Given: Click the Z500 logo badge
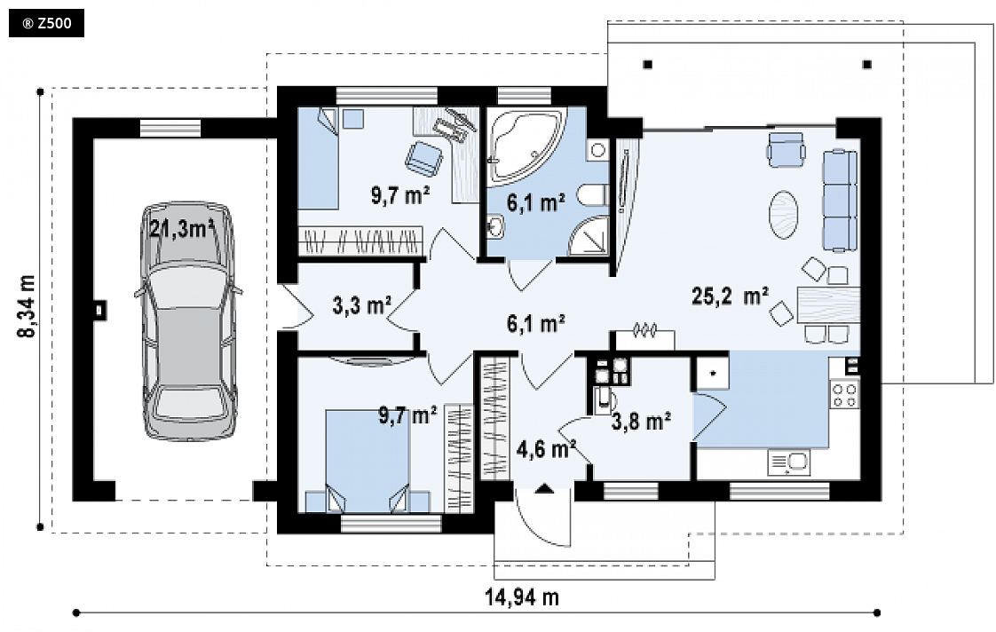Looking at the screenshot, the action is pyautogui.click(x=46, y=24).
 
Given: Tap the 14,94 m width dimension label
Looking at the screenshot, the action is pyautogui.click(x=522, y=597).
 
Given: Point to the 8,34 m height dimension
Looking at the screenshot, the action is pyautogui.click(x=28, y=306).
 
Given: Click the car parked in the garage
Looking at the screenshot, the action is pyautogui.click(x=188, y=321).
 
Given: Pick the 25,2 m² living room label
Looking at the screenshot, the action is pyautogui.click(x=730, y=296).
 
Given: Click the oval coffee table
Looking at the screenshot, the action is pyautogui.click(x=784, y=215).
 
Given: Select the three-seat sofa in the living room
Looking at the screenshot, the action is pyautogui.click(x=839, y=200).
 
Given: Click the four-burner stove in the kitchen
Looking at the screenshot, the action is pyautogui.click(x=845, y=394).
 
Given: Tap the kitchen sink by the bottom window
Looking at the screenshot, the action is pyautogui.click(x=789, y=462).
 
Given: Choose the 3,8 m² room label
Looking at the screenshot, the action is pyautogui.click(x=642, y=421).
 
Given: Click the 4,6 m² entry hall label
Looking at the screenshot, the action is pyautogui.click(x=546, y=449).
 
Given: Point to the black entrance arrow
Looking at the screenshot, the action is pyautogui.click(x=544, y=488).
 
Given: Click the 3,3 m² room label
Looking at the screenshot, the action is pyautogui.click(x=362, y=305).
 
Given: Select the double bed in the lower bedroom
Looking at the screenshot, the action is pyautogui.click(x=368, y=461).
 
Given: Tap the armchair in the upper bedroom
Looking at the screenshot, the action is pyautogui.click(x=424, y=157).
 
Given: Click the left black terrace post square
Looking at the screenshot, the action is pyautogui.click(x=647, y=64).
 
